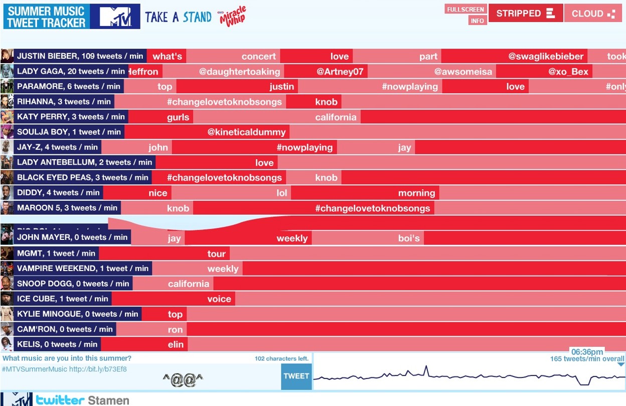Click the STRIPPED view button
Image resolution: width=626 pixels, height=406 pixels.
pos(525,14)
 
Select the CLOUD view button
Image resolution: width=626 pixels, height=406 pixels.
pos(594,14)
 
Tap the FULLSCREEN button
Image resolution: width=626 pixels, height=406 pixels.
pos(465,9)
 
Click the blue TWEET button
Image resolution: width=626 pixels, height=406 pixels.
pos(296,376)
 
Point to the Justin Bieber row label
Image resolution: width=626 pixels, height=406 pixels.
pos(80,56)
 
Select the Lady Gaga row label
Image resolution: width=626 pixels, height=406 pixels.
pos(71,71)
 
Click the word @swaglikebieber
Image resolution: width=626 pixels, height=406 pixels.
pos(546,56)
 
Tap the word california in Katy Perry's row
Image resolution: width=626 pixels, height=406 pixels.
pos(336,117)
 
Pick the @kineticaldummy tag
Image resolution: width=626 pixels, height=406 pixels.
pos(246,132)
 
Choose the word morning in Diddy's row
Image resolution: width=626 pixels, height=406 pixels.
pos(416,193)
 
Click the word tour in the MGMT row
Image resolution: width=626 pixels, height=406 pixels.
pos(216,254)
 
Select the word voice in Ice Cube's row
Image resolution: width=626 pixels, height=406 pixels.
pos(219,299)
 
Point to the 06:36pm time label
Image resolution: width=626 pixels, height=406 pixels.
pos(587,352)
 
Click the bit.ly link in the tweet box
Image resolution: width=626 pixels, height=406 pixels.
pos(98,369)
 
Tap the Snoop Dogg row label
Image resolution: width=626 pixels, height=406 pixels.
pos(73,284)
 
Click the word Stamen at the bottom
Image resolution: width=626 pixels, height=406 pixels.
pos(108,400)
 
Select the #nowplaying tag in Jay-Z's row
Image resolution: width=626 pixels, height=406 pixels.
pos(304,148)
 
